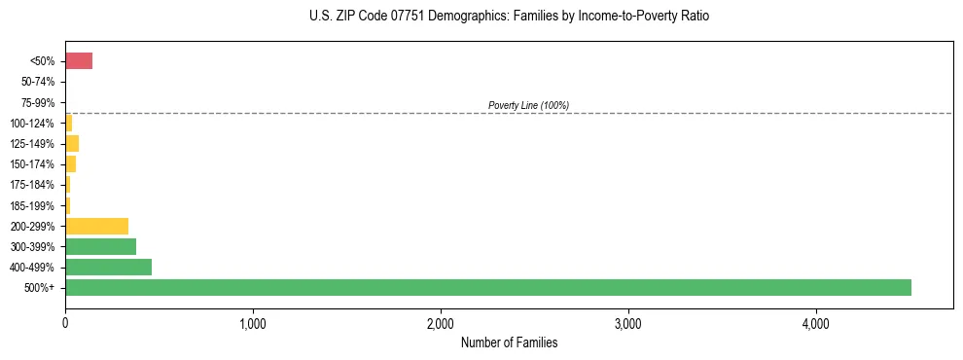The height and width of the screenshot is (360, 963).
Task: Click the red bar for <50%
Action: click(x=79, y=61)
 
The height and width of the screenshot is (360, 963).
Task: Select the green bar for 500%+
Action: click(x=487, y=287)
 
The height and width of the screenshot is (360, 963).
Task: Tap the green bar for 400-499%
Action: click(x=108, y=267)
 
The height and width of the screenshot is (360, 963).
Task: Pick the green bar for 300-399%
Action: click(x=100, y=246)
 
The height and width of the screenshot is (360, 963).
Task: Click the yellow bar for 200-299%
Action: click(x=96, y=226)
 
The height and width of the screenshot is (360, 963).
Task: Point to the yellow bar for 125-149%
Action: click(x=72, y=144)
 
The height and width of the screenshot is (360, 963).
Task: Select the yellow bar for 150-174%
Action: click(x=70, y=164)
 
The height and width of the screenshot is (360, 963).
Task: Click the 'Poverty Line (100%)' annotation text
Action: click(x=528, y=105)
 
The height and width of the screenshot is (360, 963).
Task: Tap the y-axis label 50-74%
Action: click(x=39, y=82)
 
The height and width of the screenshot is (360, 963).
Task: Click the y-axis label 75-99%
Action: click(x=39, y=102)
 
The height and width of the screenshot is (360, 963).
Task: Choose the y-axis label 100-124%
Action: click(x=35, y=124)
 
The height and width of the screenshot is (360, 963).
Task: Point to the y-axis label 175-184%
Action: click(x=35, y=185)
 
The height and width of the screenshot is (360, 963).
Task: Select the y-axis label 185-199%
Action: click(x=35, y=205)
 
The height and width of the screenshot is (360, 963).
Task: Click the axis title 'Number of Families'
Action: click(x=509, y=342)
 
